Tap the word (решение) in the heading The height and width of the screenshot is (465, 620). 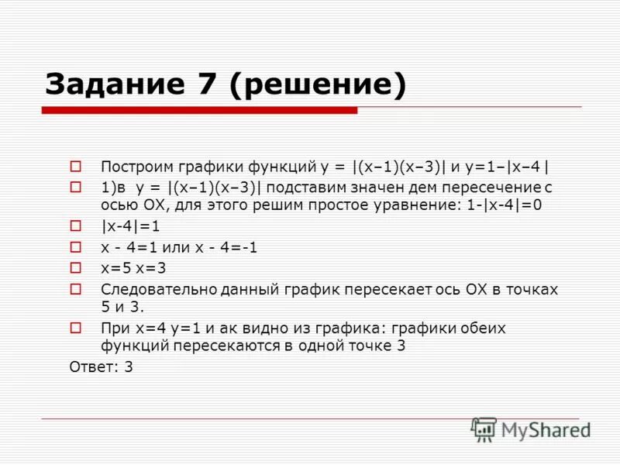coord(318,84)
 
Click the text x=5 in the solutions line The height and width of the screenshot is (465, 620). coord(114,268)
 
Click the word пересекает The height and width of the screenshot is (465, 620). coord(380,289)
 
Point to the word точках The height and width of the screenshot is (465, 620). coord(531,289)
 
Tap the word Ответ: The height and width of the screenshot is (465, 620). coord(91,367)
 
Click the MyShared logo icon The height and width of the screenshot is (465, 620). coord(484,429)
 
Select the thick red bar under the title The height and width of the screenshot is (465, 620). coord(199,111)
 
